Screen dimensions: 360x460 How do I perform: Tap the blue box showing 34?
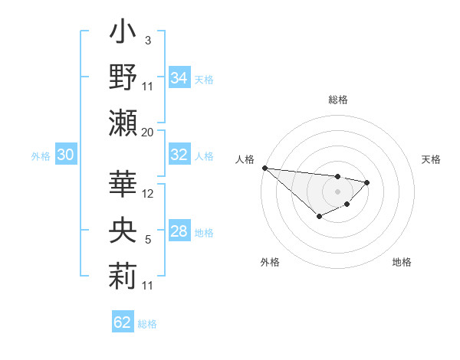click(x=179, y=77)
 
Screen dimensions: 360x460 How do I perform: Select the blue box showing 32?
click(x=179, y=155)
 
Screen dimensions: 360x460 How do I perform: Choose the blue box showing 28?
click(x=179, y=231)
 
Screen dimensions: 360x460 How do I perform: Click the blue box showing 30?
click(x=65, y=155)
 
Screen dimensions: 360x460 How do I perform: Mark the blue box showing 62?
click(x=123, y=322)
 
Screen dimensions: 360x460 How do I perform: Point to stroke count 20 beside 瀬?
click(x=147, y=132)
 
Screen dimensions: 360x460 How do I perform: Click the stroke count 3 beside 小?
click(x=147, y=41)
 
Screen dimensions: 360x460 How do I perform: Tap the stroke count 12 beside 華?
click(x=148, y=194)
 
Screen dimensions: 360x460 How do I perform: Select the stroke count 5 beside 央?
click(x=147, y=240)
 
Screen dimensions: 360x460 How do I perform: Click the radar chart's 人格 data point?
click(x=264, y=168)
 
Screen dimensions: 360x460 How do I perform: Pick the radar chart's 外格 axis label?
click(x=269, y=262)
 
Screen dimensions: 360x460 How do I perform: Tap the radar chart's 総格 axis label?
click(x=337, y=100)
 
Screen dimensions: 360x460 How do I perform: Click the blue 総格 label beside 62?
click(x=147, y=324)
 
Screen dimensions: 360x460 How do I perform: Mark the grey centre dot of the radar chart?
click(x=337, y=191)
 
